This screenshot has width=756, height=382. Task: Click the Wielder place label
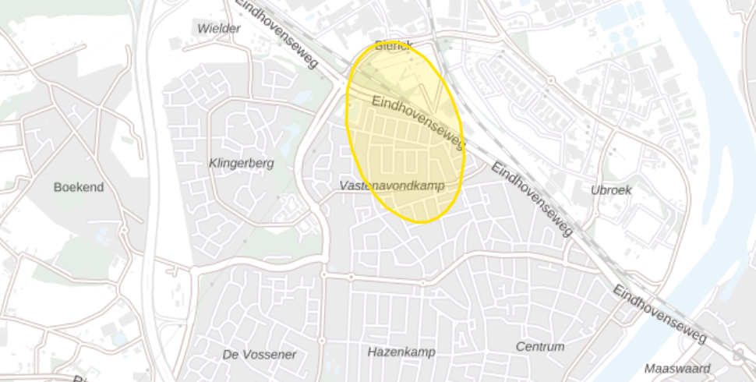pos(219,28)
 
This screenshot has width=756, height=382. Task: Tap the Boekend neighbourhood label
pos(79,187)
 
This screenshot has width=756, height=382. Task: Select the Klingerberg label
pos(242,164)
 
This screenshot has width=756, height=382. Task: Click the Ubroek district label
pos(611,189)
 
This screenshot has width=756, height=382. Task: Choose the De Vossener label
pos(260,354)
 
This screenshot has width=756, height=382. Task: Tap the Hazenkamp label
pos(401,352)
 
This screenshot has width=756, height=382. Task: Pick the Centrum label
pos(539,346)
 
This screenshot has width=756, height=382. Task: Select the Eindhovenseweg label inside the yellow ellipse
pos(419,122)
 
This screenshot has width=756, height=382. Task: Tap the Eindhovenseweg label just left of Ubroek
pos(532,199)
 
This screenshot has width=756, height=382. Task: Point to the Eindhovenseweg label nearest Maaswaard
pos(659,313)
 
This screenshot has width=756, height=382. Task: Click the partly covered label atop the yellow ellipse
pos(392,45)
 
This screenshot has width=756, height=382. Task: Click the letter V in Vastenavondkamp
pos(344,186)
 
